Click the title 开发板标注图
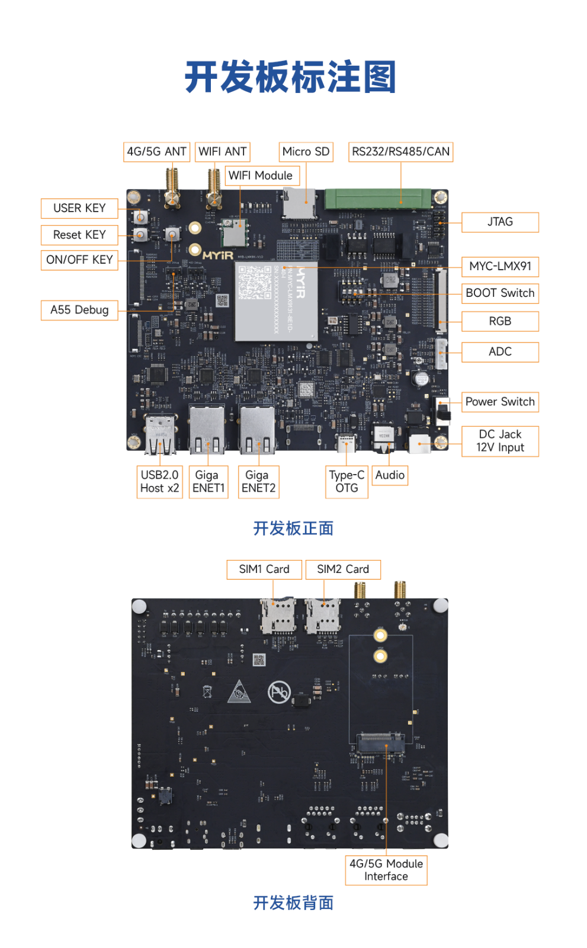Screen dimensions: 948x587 tap(290, 77)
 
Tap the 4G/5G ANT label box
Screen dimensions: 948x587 tap(156, 152)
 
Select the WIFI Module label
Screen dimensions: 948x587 tap(261, 175)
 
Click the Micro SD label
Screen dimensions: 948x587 tap(306, 152)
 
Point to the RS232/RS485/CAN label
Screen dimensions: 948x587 tap(400, 152)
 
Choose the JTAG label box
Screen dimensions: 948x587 tap(500, 222)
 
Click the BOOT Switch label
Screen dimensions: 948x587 tap(500, 293)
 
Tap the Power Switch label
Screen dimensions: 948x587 tap(500, 402)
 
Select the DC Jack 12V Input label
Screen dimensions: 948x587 tap(500, 441)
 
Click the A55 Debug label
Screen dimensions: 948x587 tap(79, 310)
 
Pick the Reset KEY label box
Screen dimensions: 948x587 tap(79, 235)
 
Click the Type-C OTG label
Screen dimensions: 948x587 tap(347, 481)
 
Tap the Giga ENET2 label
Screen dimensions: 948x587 tap(258, 481)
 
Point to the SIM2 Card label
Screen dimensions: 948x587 tap(343, 569)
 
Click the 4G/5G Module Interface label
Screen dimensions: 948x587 tap(386, 870)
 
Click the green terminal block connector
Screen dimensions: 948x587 tap(377, 198)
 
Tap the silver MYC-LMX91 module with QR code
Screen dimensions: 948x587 tap(277, 300)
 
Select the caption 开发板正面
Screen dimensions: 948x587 tap(293, 528)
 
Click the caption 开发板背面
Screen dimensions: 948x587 tap(293, 902)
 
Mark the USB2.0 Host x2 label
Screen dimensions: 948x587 tap(159, 481)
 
